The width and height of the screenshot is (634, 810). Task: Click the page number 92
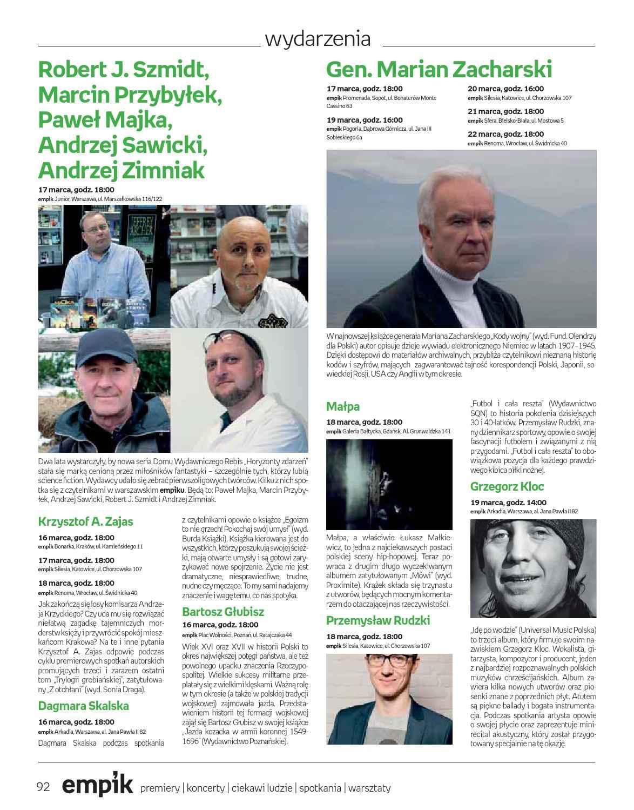(x=43, y=787)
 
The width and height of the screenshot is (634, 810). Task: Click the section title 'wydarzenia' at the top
(x=318, y=39)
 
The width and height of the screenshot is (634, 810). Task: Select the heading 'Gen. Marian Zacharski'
(x=439, y=69)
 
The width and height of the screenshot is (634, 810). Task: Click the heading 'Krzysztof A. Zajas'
(x=85, y=521)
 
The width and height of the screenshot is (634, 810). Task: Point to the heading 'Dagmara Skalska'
(x=83, y=706)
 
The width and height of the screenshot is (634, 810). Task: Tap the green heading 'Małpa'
(x=343, y=406)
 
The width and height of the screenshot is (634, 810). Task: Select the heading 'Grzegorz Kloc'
(x=507, y=486)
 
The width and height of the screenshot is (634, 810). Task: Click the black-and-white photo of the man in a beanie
(x=533, y=568)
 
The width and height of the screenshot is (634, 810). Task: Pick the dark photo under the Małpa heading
(x=389, y=484)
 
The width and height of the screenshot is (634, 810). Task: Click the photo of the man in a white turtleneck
(x=461, y=239)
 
